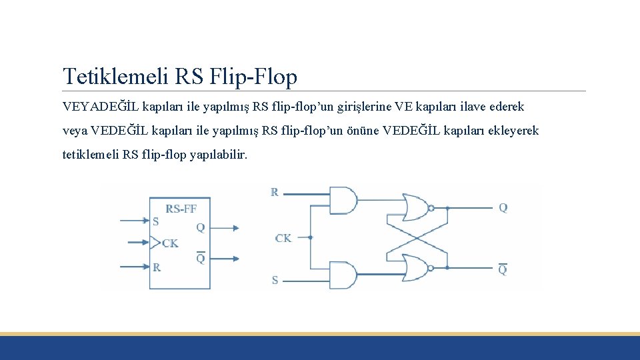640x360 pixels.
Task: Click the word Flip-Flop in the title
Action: (x=253, y=77)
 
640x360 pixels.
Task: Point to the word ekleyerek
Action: (x=513, y=131)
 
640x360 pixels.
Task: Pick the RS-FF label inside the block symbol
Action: (x=181, y=209)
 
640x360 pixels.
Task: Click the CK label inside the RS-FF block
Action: (x=170, y=243)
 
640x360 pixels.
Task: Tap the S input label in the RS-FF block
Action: (x=156, y=221)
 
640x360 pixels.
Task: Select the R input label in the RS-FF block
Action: (x=156, y=267)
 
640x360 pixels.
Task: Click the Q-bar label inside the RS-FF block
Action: (x=200, y=258)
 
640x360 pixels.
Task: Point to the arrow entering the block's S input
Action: (x=133, y=221)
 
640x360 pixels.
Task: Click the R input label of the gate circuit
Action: (x=275, y=192)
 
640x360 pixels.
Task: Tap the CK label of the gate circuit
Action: (x=283, y=238)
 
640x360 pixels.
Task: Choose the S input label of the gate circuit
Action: (x=275, y=281)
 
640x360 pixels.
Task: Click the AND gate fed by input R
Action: (x=343, y=200)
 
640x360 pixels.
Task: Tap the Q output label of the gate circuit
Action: (x=503, y=207)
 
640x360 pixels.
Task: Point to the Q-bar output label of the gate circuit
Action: (x=503, y=269)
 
